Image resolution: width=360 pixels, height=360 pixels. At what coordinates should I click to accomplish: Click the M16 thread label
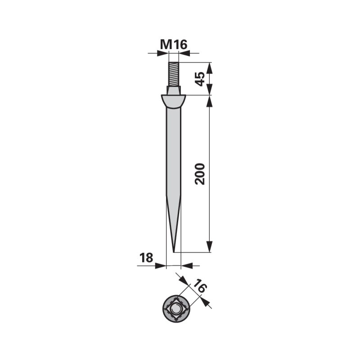coord(174,45)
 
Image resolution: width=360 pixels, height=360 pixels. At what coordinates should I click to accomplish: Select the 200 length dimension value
coord(199,174)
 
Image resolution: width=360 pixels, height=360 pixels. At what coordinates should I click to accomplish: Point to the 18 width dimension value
coord(147,257)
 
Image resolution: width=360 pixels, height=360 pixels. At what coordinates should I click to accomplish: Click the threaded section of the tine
coord(174,74)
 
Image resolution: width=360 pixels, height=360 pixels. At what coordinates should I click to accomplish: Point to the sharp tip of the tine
coord(174,252)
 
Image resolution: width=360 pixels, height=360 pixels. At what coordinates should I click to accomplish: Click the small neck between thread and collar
coord(174,90)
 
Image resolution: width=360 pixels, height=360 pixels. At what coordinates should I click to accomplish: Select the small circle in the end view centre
coord(175,308)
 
